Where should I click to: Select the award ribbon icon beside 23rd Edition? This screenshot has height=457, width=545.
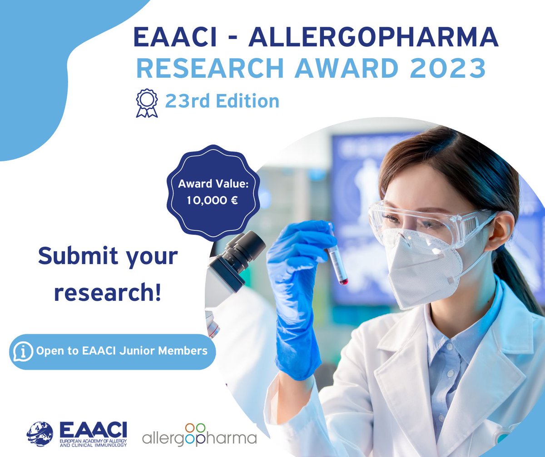[x=147, y=103]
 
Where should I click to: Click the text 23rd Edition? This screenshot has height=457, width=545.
[x=222, y=101]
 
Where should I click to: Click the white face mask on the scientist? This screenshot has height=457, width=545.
[x=422, y=268]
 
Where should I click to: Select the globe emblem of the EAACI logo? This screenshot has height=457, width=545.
[x=42, y=434]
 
